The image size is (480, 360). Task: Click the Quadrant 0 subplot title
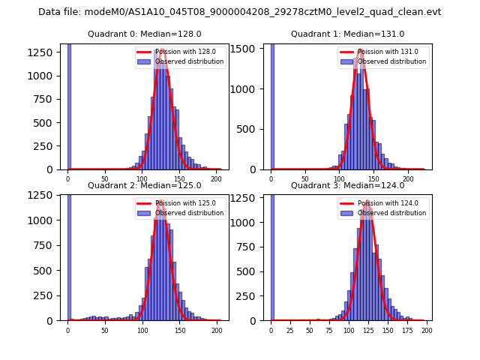tap(144, 34)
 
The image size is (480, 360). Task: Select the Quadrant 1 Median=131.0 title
tap(347, 34)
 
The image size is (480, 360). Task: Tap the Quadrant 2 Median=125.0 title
tap(144, 185)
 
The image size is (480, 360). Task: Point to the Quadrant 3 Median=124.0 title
tap(347, 185)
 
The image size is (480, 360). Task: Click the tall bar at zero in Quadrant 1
tap(271, 105)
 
